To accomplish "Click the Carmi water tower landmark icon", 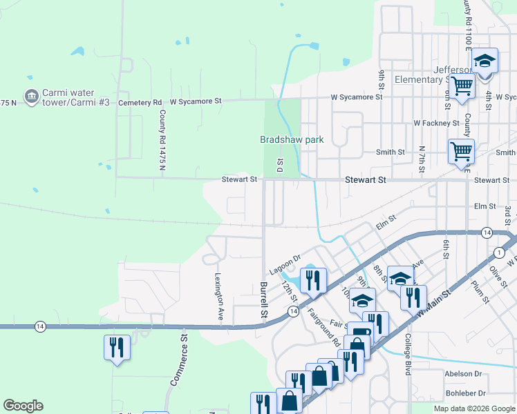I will pyautogui.click(x=31, y=97).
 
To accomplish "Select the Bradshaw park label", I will pyautogui.click(x=292, y=139).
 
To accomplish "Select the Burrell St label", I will pyautogui.click(x=263, y=299).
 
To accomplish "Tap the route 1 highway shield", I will pyautogui.click(x=498, y=253).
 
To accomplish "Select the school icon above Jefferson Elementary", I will pyautogui.click(x=485, y=61).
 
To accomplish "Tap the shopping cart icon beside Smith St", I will pyautogui.click(x=460, y=151).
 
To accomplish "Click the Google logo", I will pyautogui.click(x=23, y=406).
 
